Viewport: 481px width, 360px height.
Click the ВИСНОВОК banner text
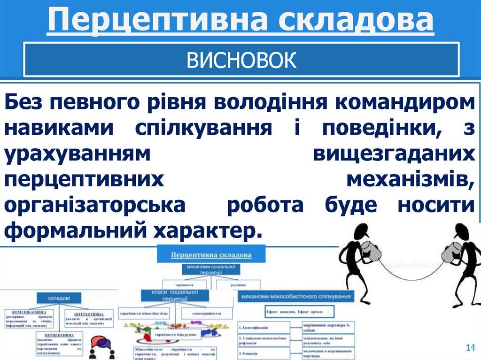(x=241, y=61)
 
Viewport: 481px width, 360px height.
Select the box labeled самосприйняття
(x=206, y=313)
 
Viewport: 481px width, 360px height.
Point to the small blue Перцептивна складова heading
(x=211, y=254)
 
